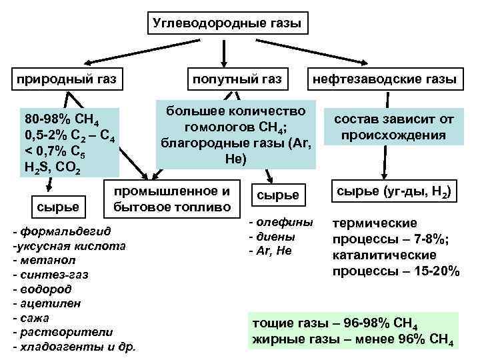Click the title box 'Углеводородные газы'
click(227, 24)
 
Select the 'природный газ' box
click(67, 80)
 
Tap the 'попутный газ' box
click(237, 80)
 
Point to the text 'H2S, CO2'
click(53, 168)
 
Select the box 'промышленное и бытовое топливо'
click(172, 199)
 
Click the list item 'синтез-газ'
click(51, 274)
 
